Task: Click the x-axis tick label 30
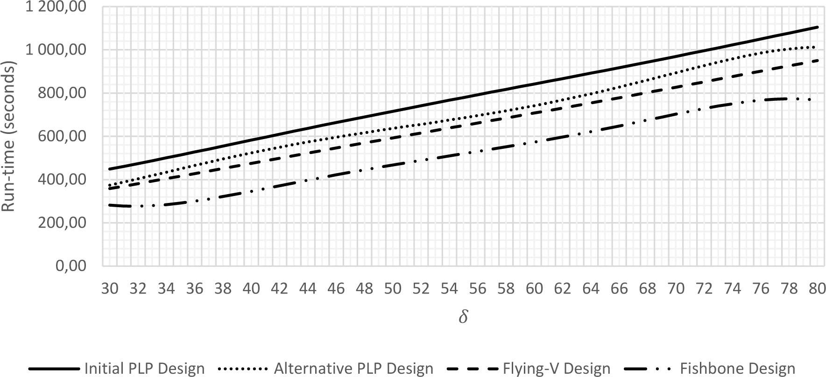110,289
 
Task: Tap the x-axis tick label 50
393,289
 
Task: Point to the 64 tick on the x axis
591,289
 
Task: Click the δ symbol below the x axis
463,317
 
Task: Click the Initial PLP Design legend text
144,369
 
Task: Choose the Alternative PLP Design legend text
353,369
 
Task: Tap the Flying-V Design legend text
556,369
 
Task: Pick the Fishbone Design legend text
738,369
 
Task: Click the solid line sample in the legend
54,369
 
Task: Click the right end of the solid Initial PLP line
818,27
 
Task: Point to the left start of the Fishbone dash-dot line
109,205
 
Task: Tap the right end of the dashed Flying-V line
818,60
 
